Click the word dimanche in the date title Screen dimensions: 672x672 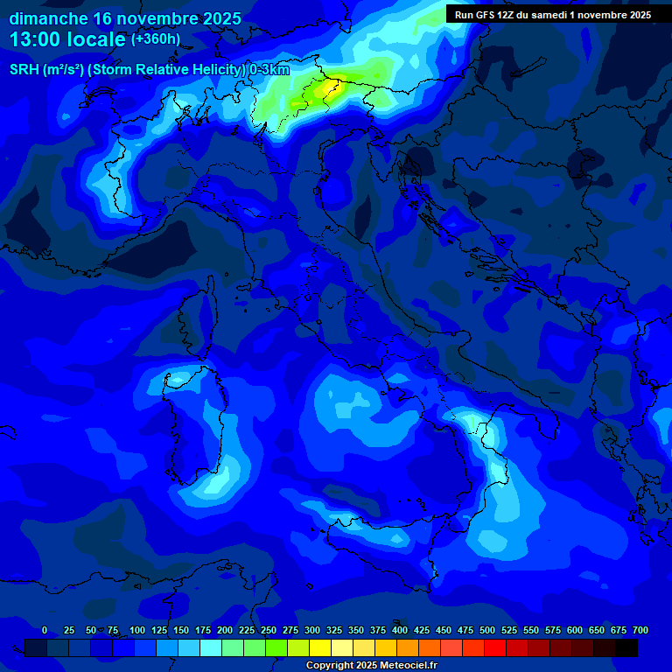pos(47,17)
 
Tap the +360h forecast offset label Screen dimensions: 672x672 pos(156,39)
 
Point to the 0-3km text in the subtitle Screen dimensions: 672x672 pos(269,70)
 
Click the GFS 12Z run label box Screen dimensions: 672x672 pos(552,14)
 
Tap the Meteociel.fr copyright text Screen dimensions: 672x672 pos(371,666)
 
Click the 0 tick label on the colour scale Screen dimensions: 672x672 pos(45,630)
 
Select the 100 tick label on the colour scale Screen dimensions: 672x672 pos(137,630)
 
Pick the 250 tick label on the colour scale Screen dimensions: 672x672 pos(269,630)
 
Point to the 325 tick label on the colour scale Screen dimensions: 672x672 pos(334,630)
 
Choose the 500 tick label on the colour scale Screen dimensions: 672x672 pos(487,630)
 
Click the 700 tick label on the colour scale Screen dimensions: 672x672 pos(640,630)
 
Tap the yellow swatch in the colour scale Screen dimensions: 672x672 pos(320,647)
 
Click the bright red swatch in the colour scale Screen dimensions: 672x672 pos(495,647)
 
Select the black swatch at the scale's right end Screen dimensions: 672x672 pos(626,647)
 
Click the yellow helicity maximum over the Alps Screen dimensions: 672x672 pos(331,87)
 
